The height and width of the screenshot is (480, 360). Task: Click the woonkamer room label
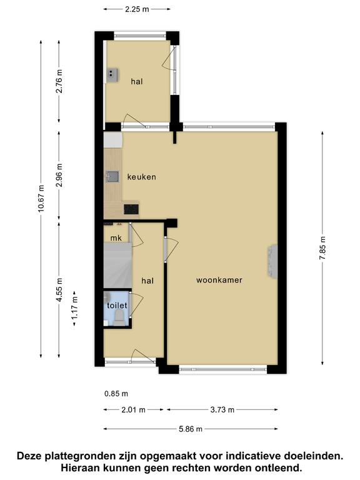pos(219,280)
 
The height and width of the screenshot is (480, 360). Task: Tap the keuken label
pos(141,177)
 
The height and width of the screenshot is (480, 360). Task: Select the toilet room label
pos(117,305)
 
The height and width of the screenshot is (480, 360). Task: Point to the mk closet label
pos(116,238)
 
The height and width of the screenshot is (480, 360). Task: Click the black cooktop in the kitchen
pos(131,209)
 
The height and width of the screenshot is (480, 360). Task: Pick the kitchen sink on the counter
pos(112,177)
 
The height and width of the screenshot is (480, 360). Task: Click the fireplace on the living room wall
pos(272,261)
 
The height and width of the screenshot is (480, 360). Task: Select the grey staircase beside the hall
pos(118,266)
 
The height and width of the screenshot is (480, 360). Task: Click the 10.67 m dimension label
pos(41,199)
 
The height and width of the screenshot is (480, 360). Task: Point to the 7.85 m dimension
pos(322,248)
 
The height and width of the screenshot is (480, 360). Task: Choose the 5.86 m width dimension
pos(191,429)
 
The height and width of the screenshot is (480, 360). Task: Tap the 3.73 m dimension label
pos(222,409)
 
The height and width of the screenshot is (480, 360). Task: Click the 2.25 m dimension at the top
pos(137,9)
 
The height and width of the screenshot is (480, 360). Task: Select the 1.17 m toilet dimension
pos(74,309)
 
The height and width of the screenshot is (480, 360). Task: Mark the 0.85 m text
pos(116,394)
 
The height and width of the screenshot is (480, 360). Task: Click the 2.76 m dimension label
pos(59,81)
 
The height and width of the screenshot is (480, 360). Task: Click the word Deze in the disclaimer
pos(29,456)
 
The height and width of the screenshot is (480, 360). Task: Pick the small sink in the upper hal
pos(112,75)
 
